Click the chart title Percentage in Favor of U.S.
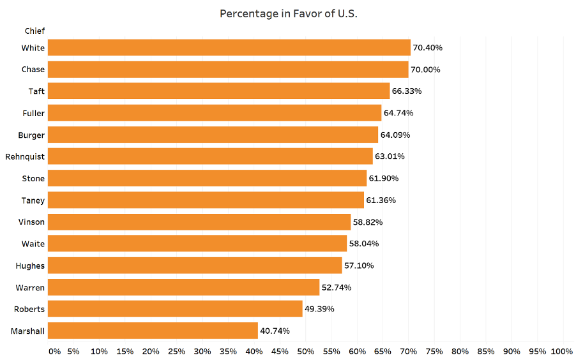tap(288, 13)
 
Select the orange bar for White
tap(229, 48)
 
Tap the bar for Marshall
tap(153, 331)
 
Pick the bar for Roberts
tap(175, 309)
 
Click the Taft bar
tap(218, 91)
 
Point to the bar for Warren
tap(183, 287)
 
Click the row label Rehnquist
tap(25, 156)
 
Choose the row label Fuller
tap(33, 113)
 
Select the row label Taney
tap(33, 200)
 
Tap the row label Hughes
tap(30, 266)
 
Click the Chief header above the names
tap(34, 31)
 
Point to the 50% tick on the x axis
tap(305, 351)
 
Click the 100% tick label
tap(561, 351)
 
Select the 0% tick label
tap(54, 351)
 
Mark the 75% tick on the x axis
tap(434, 351)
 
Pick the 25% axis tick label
tap(176, 351)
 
